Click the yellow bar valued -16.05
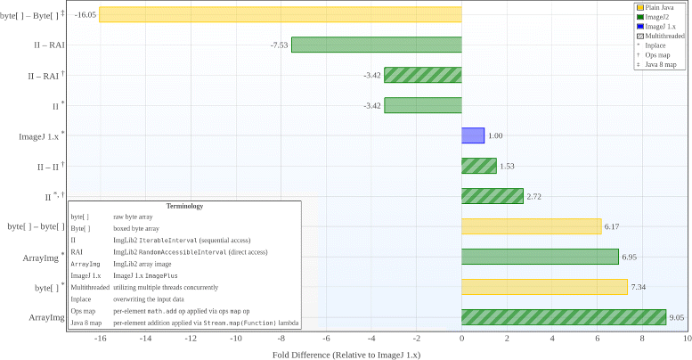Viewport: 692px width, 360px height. pos(280,14)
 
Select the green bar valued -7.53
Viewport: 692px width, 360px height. pos(376,45)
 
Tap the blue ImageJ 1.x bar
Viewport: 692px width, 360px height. pos(472,135)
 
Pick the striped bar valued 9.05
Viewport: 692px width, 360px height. pos(563,317)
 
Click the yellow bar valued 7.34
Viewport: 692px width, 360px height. pos(544,287)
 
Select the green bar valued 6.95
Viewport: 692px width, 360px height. pos(540,257)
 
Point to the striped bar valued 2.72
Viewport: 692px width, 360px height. pos(492,196)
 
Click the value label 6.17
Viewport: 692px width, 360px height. pos(612,226)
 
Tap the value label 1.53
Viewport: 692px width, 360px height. pos(508,166)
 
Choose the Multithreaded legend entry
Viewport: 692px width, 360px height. pos(661,36)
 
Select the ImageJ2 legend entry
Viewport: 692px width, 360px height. pos(655,17)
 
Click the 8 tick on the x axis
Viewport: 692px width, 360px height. pos(642,340)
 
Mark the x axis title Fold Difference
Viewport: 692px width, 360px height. pos(346,354)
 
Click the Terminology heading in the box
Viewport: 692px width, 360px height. pos(185,206)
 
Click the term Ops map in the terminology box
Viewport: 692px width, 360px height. pos(83,311)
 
